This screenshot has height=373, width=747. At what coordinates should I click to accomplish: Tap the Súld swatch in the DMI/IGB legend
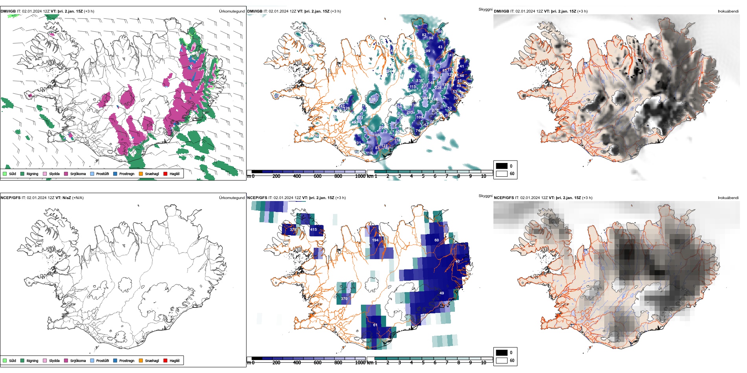pyautogui.click(x=5, y=174)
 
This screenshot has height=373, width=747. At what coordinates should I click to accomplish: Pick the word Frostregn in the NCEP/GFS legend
pyautogui.click(x=127, y=360)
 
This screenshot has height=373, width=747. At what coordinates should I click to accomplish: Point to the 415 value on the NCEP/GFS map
pyautogui.click(x=313, y=230)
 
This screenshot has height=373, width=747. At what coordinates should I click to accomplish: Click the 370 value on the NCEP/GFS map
pyautogui.click(x=344, y=299)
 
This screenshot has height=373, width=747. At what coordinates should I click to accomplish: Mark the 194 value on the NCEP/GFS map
pyautogui.click(x=375, y=240)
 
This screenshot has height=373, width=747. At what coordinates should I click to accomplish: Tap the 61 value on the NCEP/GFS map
pyautogui.click(x=375, y=325)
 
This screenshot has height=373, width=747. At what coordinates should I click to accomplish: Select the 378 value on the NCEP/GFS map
pyautogui.click(x=293, y=230)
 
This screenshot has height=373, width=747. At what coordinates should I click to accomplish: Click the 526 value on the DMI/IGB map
pyautogui.click(x=372, y=99)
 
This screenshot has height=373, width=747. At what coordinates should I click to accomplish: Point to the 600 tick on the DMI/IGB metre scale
pyautogui.click(x=317, y=176)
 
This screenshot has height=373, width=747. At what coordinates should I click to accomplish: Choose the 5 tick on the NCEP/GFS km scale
pyautogui.click(x=423, y=363)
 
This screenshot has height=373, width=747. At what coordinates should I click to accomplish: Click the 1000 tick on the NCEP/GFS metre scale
pyautogui.click(x=360, y=363)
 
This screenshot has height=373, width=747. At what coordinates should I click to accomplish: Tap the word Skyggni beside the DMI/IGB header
pyautogui.click(x=485, y=9)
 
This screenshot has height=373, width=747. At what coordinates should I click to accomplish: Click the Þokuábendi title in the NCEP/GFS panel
pyautogui.click(x=728, y=198)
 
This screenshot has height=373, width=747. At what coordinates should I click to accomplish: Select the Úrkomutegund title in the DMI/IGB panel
pyautogui.click(x=232, y=11)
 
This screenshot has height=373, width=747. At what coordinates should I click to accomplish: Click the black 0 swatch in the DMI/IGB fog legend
pyautogui.click(x=502, y=166)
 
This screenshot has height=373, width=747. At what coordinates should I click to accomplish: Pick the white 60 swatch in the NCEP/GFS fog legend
pyautogui.click(x=502, y=360)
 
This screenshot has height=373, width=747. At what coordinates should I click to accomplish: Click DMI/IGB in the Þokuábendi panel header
pyautogui.click(x=501, y=11)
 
